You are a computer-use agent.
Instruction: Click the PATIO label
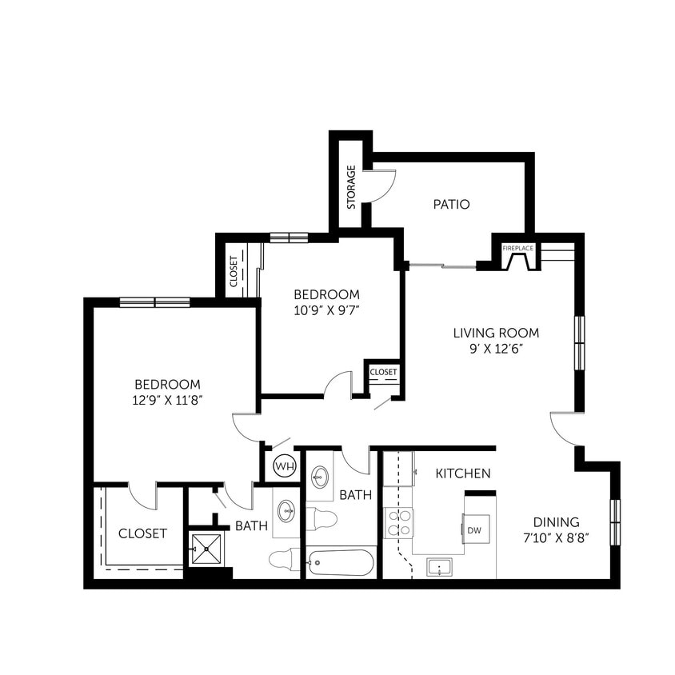451,205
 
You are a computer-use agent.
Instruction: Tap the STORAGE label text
351,187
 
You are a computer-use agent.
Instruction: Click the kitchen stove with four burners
398,522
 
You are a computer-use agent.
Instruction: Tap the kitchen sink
438,567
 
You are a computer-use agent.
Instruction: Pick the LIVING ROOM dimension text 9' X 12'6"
496,349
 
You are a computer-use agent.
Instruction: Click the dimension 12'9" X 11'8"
166,400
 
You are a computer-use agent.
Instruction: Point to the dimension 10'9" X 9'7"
326,310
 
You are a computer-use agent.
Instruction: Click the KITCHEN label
463,474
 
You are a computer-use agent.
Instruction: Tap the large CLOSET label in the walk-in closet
142,533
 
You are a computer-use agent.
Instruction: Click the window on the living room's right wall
579,342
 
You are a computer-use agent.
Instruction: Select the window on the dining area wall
615,521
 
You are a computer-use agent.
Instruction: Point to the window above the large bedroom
155,302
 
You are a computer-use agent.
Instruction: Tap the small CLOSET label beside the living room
383,372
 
